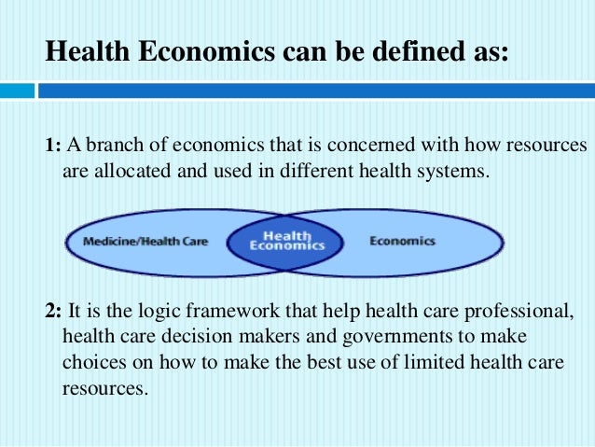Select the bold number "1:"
52,147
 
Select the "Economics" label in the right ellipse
402,242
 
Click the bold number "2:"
54,312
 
